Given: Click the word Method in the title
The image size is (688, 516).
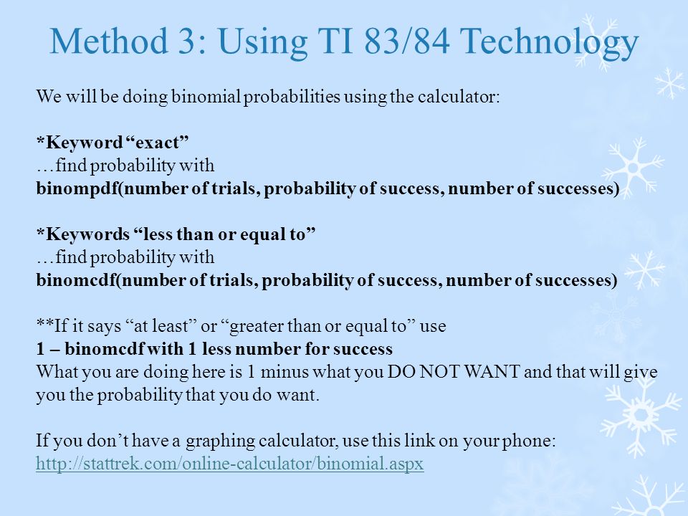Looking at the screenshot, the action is point(109,41).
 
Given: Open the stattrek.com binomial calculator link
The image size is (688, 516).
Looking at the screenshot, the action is point(230,464).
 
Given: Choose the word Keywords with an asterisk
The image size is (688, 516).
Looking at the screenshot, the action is point(83,234).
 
